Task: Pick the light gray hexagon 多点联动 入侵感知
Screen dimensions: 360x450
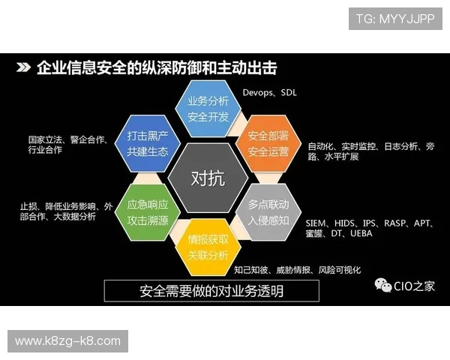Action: tap(268, 211)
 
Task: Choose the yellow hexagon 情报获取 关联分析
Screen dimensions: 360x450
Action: tap(208, 247)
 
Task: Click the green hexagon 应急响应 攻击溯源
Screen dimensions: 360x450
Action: tap(147, 211)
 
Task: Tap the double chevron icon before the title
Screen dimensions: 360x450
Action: tap(23, 68)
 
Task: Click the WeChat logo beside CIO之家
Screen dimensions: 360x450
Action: tap(382, 285)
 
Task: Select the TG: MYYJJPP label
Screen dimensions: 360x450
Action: tap(394, 18)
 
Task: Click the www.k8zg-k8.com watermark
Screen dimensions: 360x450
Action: tap(67, 341)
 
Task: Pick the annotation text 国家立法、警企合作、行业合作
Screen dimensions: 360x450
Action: tap(67, 145)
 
